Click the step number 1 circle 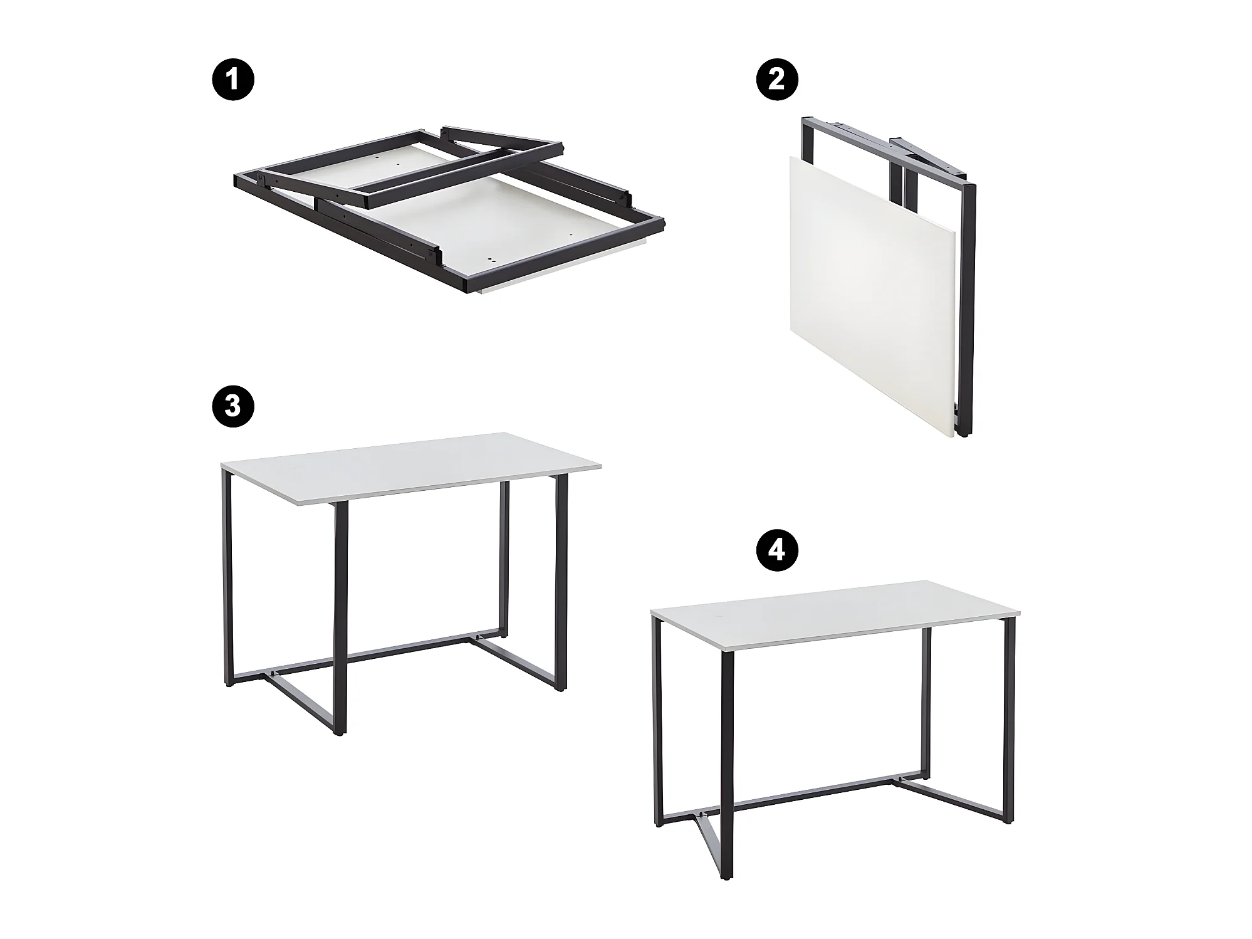pyautogui.click(x=232, y=80)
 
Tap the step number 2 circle pyautogui.click(x=776, y=80)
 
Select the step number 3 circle pyautogui.click(x=232, y=406)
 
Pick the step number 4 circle pyautogui.click(x=776, y=550)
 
